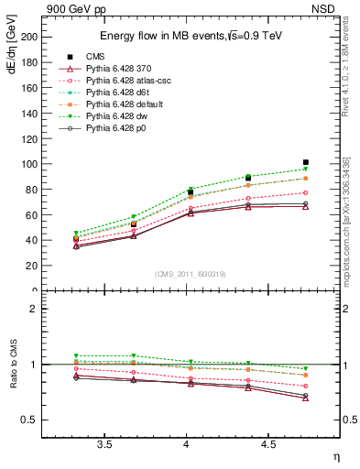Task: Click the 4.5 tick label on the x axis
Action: click(267, 444)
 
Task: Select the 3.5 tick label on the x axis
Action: click(104, 444)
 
